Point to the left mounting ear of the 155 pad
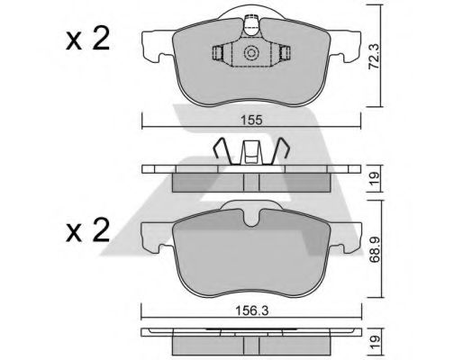point(156,47)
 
